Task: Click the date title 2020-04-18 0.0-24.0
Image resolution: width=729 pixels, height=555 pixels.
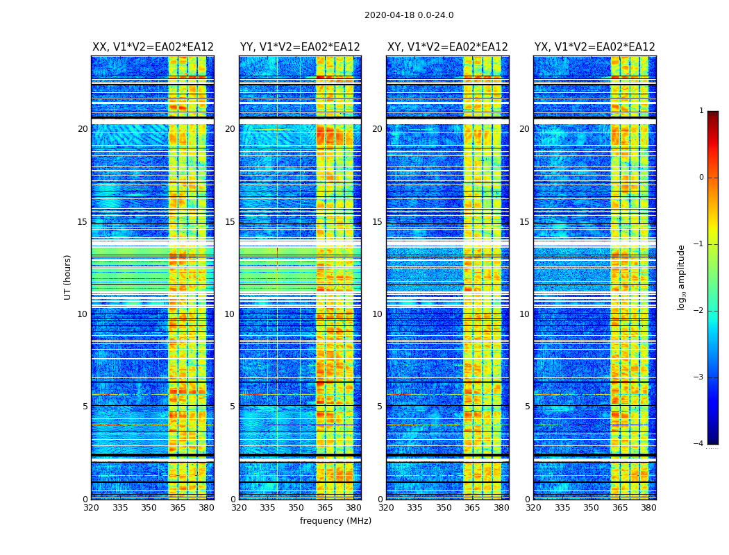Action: pos(409,15)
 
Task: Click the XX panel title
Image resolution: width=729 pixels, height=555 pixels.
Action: pos(153,47)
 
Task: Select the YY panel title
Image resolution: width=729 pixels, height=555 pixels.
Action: pos(300,47)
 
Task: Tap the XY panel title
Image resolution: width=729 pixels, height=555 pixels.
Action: pos(447,47)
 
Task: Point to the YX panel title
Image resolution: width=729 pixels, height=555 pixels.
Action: pos(594,47)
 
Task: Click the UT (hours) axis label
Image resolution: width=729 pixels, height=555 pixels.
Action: pos(68,277)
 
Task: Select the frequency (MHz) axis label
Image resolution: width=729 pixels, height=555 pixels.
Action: pos(335,521)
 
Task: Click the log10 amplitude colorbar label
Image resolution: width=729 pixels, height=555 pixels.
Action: pos(682,277)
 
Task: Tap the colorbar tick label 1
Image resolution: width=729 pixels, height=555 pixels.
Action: pos(701,111)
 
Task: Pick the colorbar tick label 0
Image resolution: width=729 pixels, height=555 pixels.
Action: pos(701,178)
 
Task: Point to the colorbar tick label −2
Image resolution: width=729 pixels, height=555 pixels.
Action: pos(700,311)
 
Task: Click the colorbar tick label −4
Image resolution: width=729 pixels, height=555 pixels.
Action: pos(700,444)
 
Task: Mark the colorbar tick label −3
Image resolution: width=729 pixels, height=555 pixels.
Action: pos(700,377)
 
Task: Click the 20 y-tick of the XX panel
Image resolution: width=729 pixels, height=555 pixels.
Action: pos(83,129)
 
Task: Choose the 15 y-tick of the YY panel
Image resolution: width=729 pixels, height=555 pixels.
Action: pos(230,222)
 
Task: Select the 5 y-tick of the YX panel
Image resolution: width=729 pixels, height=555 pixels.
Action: pos(527,407)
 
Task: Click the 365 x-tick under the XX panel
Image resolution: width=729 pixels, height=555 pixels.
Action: pos(178,508)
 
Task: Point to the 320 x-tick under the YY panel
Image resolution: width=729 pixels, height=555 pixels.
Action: pos(239,508)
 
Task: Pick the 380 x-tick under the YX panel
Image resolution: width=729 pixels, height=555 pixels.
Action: pos(648,508)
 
